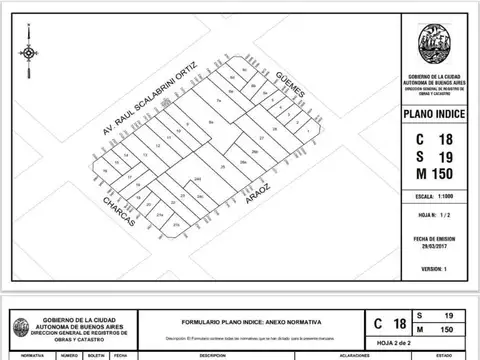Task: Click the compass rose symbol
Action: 29,52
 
